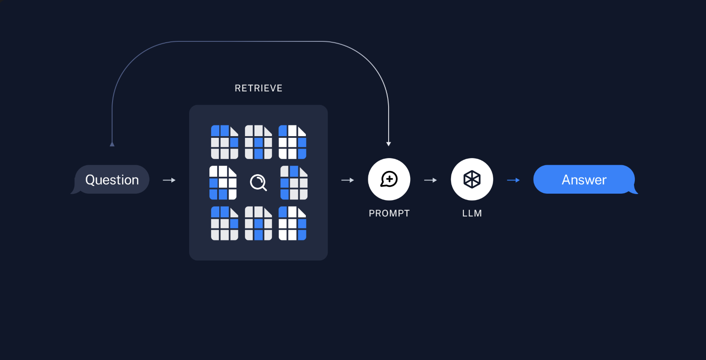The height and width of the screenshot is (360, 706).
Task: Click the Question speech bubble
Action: tap(112, 180)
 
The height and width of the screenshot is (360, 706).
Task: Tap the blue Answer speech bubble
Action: tap(584, 180)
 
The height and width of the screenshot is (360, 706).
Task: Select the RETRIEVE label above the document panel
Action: tap(258, 88)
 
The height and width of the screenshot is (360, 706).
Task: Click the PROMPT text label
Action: tap(389, 213)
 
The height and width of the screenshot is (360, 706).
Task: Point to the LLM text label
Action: tap(472, 213)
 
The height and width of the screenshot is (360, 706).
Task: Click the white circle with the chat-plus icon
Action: tap(389, 179)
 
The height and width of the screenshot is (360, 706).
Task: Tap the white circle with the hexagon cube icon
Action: tap(472, 179)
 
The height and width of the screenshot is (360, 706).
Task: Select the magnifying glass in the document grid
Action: tap(258, 182)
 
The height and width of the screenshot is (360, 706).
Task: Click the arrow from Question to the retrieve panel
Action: tap(169, 180)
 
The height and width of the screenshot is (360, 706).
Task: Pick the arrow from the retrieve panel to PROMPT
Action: tap(348, 180)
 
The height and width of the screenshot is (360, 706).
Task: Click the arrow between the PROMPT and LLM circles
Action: tap(430, 180)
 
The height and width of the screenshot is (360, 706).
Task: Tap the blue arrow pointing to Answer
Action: tap(513, 180)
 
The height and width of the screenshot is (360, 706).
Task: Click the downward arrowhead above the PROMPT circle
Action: tap(389, 144)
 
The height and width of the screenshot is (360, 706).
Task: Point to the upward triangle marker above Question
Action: tap(112, 144)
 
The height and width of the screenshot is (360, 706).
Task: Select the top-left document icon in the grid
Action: tap(224, 142)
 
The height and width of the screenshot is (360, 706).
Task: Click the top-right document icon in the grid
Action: tap(292, 142)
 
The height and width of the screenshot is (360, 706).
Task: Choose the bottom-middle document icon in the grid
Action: tap(258, 223)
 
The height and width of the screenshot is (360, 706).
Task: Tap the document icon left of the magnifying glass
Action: tap(223, 182)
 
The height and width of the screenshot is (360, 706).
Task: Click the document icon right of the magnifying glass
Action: tap(294, 182)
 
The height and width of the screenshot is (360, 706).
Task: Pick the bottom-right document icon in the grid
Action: tap(292, 223)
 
